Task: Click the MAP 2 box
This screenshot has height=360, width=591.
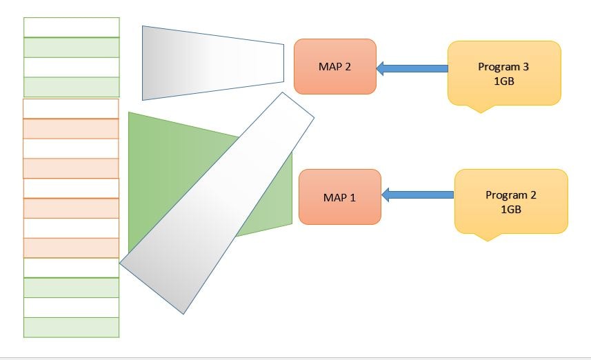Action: tap(334, 66)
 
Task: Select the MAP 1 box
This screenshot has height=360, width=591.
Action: tap(339, 197)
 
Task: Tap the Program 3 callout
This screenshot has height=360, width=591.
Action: tap(503, 72)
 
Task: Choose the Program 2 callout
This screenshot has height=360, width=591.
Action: tap(510, 201)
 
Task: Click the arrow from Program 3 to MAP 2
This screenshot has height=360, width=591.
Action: tap(412, 68)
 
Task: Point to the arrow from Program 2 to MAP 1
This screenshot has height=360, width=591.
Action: tap(418, 195)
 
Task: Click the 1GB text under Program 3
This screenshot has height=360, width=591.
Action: tap(503, 80)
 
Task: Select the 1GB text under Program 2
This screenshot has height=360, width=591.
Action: tap(510, 208)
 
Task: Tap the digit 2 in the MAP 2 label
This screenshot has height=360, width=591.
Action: tap(348, 67)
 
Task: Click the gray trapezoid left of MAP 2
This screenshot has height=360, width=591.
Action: tap(207, 62)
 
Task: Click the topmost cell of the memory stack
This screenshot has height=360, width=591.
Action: tap(72, 27)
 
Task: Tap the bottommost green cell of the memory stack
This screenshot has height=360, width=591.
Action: tap(72, 328)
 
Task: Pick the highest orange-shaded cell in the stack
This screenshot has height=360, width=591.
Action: tap(71, 129)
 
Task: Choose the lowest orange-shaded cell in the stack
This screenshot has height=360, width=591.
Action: tap(71, 248)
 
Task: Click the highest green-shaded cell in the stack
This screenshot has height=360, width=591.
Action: tap(72, 47)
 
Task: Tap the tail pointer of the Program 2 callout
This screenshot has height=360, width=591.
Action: tap(488, 237)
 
